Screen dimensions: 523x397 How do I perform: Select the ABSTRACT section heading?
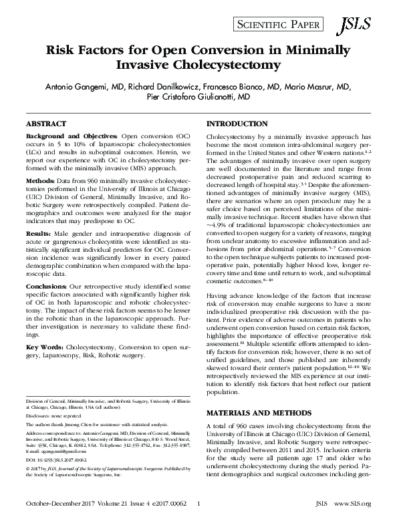[x=47, y=125]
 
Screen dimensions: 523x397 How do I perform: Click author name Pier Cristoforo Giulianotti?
[x=198, y=97]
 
